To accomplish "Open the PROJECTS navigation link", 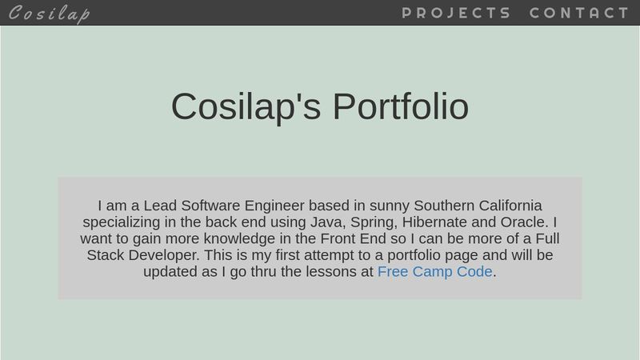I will click(456, 13).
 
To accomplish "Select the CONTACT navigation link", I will click(579, 13).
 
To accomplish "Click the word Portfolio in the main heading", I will click(400, 106).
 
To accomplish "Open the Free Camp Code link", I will click(434, 272).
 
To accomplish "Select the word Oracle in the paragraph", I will click(524, 222).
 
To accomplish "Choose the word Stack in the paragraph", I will click(105, 255).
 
